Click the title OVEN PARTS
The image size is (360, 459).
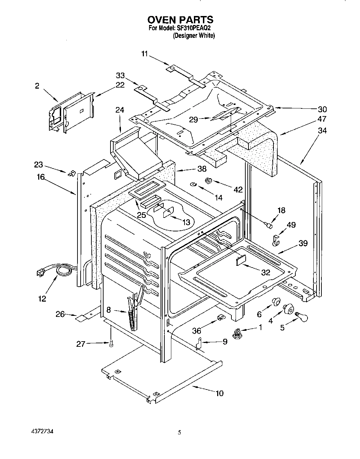[180, 19]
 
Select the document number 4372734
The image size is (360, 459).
[42, 432]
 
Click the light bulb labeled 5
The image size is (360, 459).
[302, 315]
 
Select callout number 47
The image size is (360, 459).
[322, 119]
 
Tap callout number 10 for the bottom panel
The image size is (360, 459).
[219, 393]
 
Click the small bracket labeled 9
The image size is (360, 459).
[199, 344]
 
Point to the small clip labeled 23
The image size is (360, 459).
[72, 173]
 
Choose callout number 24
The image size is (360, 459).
[120, 110]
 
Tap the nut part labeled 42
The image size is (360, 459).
[209, 181]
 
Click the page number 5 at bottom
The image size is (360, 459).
[179, 433]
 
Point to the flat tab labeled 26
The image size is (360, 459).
[82, 317]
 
